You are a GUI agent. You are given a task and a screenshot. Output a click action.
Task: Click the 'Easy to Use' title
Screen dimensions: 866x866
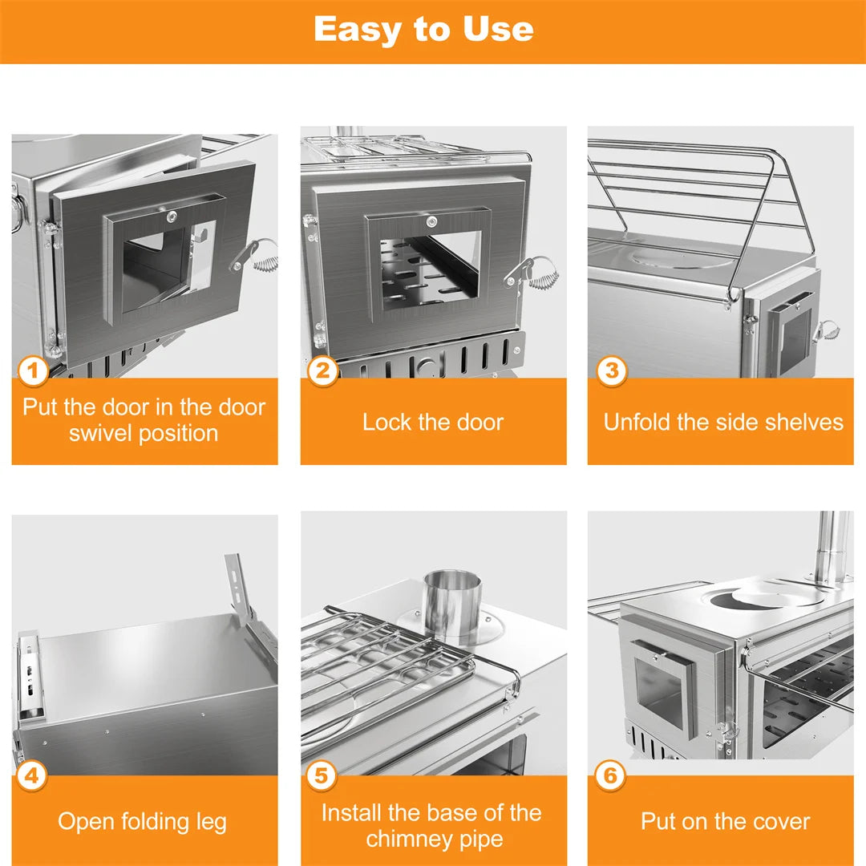coord(423,30)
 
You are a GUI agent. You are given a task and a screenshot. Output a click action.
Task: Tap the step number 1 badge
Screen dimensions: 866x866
coord(33,371)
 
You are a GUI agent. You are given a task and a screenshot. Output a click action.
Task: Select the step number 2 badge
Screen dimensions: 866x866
coord(322,371)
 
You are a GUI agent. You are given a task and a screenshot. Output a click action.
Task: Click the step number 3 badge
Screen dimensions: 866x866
coord(611,371)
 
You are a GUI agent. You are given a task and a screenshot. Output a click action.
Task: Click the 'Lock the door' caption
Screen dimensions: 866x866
coord(433,422)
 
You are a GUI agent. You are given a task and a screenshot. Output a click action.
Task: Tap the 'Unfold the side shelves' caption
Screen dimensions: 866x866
coord(723,422)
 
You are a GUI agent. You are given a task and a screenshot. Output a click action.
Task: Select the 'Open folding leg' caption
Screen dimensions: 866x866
coord(143,822)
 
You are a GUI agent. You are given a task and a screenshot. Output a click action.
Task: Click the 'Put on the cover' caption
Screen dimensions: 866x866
coord(725,822)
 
